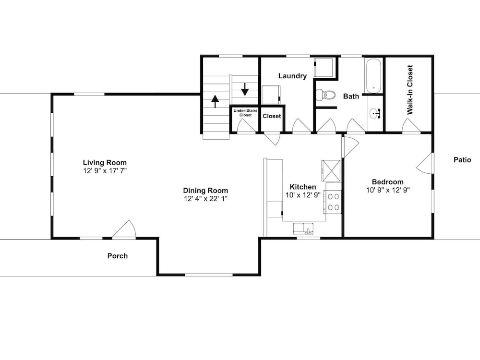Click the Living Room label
click(105, 163)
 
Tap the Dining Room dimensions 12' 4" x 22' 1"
click(205, 199)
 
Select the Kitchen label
click(303, 187)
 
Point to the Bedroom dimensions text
click(388, 190)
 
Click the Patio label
click(462, 160)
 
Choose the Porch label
click(118, 256)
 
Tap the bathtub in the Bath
click(373, 76)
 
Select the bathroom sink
click(375, 114)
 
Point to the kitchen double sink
click(303, 229)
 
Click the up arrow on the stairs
click(215, 101)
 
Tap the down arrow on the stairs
click(245, 89)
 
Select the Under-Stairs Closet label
click(245, 113)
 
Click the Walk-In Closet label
click(410, 90)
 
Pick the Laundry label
click(292, 76)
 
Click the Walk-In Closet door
click(411, 126)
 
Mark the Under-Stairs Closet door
click(246, 126)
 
